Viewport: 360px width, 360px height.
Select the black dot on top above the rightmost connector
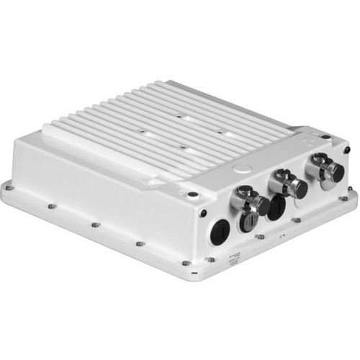tap(327, 136)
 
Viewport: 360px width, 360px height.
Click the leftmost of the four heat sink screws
tap(141, 132)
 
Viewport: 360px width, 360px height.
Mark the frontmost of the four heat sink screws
tap(184, 148)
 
